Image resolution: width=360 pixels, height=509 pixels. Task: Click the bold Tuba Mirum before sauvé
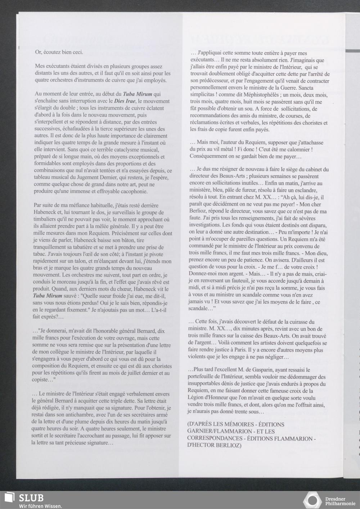click(47, 296)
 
